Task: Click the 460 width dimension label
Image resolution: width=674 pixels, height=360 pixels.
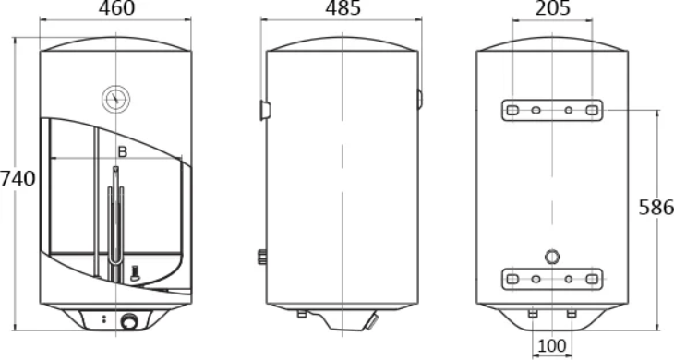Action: [x=116, y=7]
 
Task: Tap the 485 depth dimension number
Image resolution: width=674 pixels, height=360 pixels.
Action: [x=343, y=7]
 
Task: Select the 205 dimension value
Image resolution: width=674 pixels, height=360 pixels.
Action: [x=553, y=7]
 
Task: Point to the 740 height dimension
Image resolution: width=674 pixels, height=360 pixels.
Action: [x=18, y=178]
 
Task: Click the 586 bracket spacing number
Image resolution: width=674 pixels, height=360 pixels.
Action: [x=656, y=207]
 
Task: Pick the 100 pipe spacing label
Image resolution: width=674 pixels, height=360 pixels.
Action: [x=552, y=345]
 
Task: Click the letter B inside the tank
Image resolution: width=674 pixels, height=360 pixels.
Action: [x=123, y=151]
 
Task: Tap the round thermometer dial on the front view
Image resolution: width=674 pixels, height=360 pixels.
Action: [x=116, y=99]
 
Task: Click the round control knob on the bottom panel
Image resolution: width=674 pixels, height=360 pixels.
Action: [x=128, y=321]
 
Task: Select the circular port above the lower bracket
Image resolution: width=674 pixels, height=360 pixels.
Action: [x=552, y=257]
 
